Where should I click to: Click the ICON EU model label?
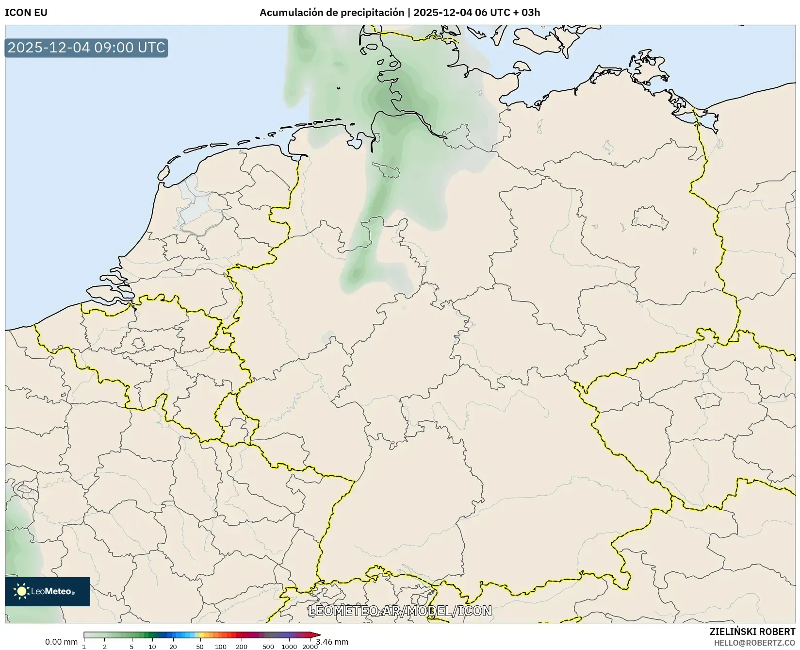(x=26, y=13)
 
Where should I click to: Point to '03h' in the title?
(x=530, y=13)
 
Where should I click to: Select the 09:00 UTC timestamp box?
(x=86, y=48)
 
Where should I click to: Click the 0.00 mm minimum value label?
(x=61, y=642)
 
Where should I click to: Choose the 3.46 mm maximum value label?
(x=332, y=642)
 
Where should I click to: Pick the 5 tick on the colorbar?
(x=131, y=647)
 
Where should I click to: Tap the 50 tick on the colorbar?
(x=200, y=647)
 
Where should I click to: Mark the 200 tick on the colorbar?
(x=242, y=647)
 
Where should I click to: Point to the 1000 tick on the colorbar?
(x=289, y=647)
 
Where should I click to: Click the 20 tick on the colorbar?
(x=173, y=647)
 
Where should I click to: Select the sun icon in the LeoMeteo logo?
(x=21, y=591)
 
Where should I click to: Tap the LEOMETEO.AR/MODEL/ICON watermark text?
(x=400, y=611)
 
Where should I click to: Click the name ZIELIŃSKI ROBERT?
(x=752, y=632)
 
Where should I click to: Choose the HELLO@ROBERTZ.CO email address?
(x=754, y=643)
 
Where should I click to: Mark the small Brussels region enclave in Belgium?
(x=139, y=344)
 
